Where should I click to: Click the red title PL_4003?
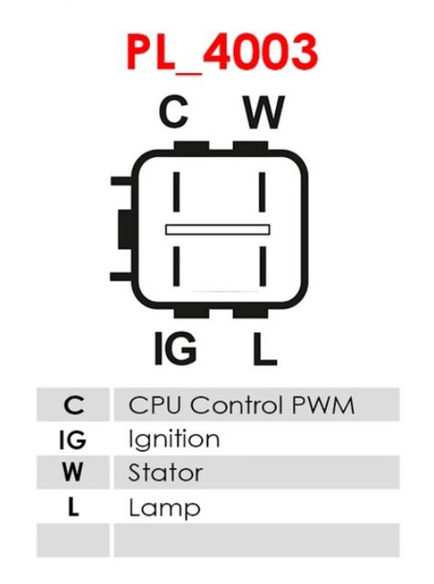(x=222, y=52)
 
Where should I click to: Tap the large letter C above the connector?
(x=174, y=111)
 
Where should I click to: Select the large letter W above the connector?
(x=264, y=111)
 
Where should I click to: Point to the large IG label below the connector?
(x=175, y=349)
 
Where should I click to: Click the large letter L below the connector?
(x=264, y=349)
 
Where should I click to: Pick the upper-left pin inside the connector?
(x=176, y=192)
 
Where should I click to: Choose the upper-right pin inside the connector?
(x=262, y=192)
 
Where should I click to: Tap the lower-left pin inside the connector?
(x=176, y=266)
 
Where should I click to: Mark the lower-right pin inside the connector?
(x=262, y=266)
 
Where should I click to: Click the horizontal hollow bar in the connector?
(x=217, y=229)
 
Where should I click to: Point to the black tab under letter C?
(x=191, y=146)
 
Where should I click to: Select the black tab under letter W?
(x=250, y=146)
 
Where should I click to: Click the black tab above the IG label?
(x=191, y=313)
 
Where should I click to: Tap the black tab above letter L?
(x=250, y=313)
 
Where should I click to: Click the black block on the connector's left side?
(x=125, y=229)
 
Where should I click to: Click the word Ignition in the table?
(x=174, y=439)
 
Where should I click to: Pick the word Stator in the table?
(x=165, y=473)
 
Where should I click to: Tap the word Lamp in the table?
(x=164, y=507)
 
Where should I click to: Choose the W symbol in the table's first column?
(x=72, y=473)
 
